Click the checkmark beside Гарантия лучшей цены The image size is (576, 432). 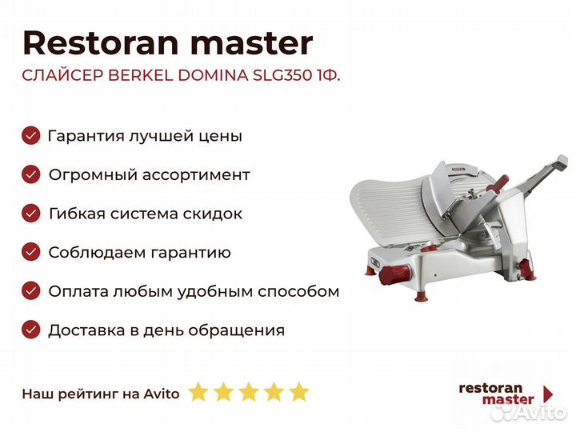(x=31, y=136)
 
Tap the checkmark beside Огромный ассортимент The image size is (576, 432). (x=31, y=174)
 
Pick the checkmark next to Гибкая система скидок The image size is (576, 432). (x=31, y=214)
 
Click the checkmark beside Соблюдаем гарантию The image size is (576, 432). (x=31, y=252)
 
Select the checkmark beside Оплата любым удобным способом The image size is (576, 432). (x=31, y=291)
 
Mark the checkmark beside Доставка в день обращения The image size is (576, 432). (x=31, y=330)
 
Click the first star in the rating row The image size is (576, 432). (x=198, y=392)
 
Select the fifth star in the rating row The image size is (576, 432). (x=298, y=392)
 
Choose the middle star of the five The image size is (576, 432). (x=248, y=392)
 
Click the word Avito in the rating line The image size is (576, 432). (x=162, y=393)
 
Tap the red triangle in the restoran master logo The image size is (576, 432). (x=548, y=394)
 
